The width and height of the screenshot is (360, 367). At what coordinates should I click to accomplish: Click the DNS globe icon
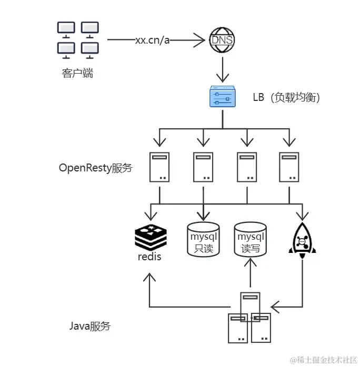point(222,40)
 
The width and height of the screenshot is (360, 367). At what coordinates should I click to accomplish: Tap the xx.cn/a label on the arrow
point(152,40)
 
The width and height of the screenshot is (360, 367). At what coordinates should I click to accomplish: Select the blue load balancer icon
point(222,96)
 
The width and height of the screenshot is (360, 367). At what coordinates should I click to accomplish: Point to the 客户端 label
point(77,73)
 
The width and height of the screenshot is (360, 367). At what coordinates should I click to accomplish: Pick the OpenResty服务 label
point(96,168)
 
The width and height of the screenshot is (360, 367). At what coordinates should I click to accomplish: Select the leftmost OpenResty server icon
point(159,167)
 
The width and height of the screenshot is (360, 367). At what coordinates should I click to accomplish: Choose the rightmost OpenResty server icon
point(289,167)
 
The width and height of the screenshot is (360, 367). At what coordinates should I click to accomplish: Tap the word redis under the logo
point(149,257)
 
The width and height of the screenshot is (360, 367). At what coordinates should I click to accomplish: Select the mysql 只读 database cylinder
point(203,240)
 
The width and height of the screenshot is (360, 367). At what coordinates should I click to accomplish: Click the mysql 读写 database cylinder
point(251,240)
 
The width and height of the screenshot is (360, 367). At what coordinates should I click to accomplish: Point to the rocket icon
point(302,239)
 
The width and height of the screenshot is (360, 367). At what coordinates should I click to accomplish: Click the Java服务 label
point(90,326)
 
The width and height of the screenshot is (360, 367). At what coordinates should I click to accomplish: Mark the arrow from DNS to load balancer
point(222,68)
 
